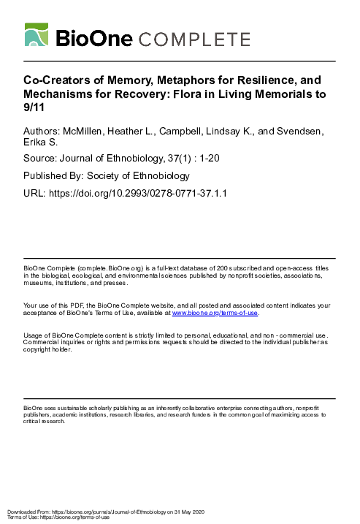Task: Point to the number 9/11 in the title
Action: coord(34,107)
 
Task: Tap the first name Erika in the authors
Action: coord(38,144)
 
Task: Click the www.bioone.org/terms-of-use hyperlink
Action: coord(215,313)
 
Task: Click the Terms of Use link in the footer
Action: coord(18,517)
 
